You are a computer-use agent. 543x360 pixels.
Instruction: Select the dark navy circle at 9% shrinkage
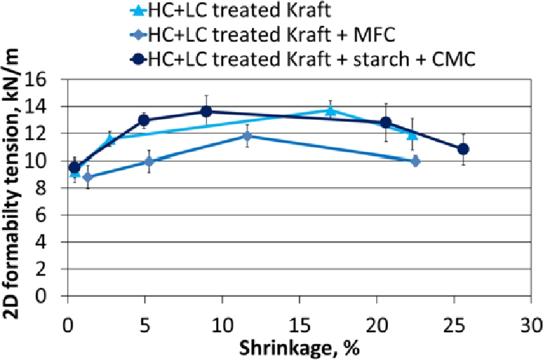pyautogui.click(x=206, y=111)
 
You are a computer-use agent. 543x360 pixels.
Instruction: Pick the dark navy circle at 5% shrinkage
pyautogui.click(x=143, y=120)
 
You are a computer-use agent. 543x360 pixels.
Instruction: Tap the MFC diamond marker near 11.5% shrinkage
pyautogui.click(x=247, y=136)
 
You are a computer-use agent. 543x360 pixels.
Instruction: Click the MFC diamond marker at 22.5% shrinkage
pyautogui.click(x=415, y=161)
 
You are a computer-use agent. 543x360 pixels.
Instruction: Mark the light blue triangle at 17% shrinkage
pyautogui.click(x=330, y=111)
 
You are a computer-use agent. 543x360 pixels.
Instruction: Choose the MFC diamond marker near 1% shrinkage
pyautogui.click(x=87, y=177)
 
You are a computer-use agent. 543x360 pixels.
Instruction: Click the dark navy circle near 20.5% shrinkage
pyautogui.click(x=386, y=123)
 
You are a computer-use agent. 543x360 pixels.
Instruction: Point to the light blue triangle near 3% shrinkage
pyautogui.click(x=110, y=139)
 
